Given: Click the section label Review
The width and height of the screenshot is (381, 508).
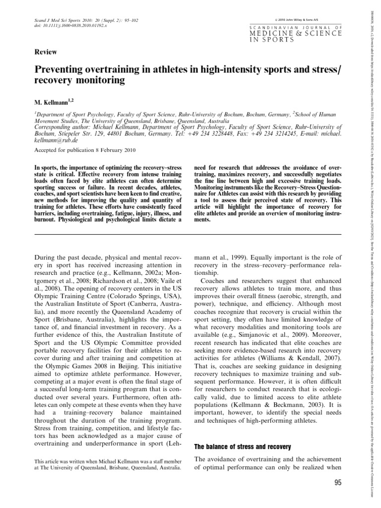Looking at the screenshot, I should click(45, 52).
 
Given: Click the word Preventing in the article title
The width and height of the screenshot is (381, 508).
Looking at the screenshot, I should click(59, 68).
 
